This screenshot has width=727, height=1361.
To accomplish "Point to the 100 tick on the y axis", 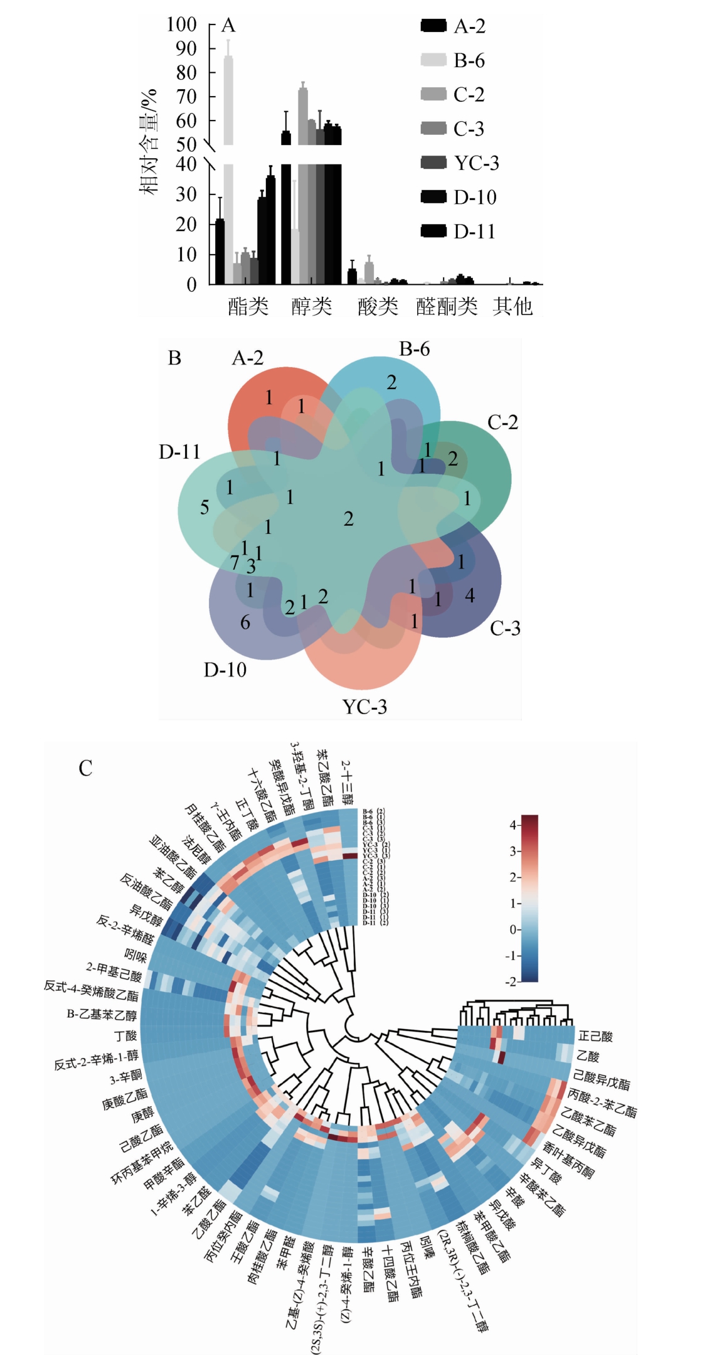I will pos(181,24).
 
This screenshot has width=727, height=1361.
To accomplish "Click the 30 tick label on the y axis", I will pos(186,194).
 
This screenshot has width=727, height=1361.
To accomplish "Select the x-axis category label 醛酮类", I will pos(447,306).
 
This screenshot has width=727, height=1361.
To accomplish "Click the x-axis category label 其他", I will pos(512,306).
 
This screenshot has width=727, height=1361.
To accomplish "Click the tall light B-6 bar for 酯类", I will pos(228,100).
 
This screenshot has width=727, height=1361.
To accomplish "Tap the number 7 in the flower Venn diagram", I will pos(235,563).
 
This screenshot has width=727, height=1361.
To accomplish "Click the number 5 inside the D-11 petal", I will pos(204,507).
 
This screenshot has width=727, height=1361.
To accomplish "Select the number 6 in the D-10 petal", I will pos(245,622).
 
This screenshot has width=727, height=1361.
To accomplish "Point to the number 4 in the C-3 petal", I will pos(470,595).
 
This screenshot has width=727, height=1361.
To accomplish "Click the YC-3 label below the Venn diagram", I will pos(364,707).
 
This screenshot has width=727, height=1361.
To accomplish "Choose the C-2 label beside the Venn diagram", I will pos(502,422).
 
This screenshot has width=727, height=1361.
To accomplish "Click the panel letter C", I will pos(85,768).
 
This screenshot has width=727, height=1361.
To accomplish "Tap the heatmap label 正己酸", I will pos(595,1036).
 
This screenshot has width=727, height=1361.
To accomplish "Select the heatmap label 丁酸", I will pos(125,1036).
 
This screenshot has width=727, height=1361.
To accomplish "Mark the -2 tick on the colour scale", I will pos(511,981).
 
